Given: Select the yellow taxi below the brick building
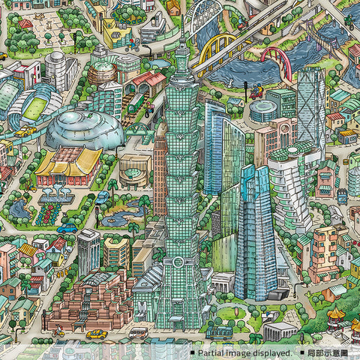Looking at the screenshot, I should [x=95, y=334].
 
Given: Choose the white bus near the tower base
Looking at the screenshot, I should [x=138, y=331].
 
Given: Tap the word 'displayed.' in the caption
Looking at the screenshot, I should [x=271, y=352].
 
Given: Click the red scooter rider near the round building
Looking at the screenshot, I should [x=256, y=94].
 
